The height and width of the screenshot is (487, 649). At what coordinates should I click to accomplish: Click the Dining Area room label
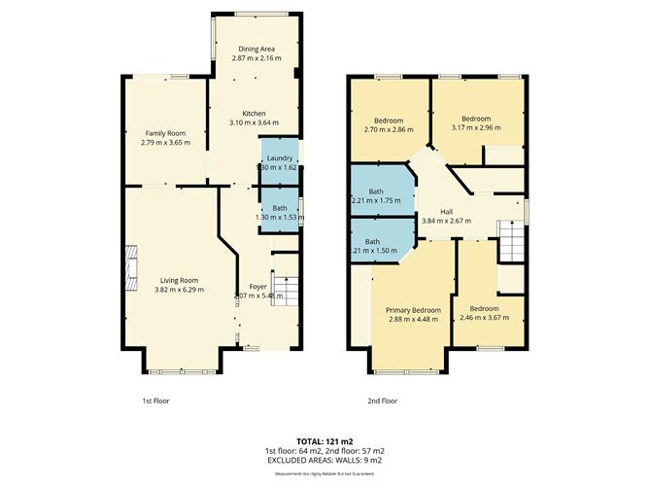point(254,48)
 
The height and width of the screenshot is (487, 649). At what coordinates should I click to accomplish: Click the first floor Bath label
point(279,207)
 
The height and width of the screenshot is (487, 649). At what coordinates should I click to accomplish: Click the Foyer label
point(257,286)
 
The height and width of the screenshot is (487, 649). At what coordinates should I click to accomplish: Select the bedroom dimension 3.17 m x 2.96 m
point(476,127)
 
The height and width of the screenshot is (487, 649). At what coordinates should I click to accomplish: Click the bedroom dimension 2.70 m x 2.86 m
point(389,129)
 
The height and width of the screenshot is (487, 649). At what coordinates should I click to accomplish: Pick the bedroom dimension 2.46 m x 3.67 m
point(492,317)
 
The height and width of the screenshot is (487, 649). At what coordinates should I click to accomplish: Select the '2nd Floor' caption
point(383,400)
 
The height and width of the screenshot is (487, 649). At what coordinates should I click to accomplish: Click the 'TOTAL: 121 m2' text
point(324,442)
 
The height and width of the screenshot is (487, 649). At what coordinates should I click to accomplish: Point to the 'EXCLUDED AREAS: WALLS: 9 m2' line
point(324,461)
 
